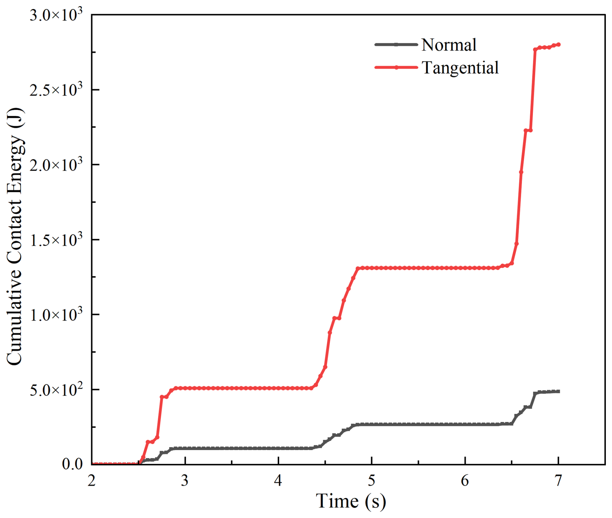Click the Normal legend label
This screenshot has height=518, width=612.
click(449, 45)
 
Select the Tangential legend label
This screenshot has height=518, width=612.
click(460, 68)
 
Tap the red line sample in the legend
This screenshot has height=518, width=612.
click(396, 67)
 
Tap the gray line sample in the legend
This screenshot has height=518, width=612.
click(396, 44)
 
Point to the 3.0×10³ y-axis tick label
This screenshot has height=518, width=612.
click(56, 15)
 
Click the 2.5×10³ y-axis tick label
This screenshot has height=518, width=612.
click(56, 90)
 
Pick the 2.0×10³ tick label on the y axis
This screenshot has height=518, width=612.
click(56, 164)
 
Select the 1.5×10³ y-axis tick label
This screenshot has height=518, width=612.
click(56, 240)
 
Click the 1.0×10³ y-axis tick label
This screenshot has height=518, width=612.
click(56, 314)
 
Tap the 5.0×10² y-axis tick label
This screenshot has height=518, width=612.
click(56, 389)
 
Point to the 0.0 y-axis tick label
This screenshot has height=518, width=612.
click(72, 464)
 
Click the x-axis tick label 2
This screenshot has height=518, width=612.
click(92, 481)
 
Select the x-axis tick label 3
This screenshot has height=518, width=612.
click(185, 481)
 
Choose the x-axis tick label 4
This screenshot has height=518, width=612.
click(278, 481)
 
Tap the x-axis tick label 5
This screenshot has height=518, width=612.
click(372, 481)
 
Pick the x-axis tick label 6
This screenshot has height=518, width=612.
click(465, 481)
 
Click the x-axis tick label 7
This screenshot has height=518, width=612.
click(558, 481)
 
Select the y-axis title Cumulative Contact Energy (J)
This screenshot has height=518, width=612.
click(15, 237)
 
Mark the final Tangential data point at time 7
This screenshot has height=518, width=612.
click(559, 45)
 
